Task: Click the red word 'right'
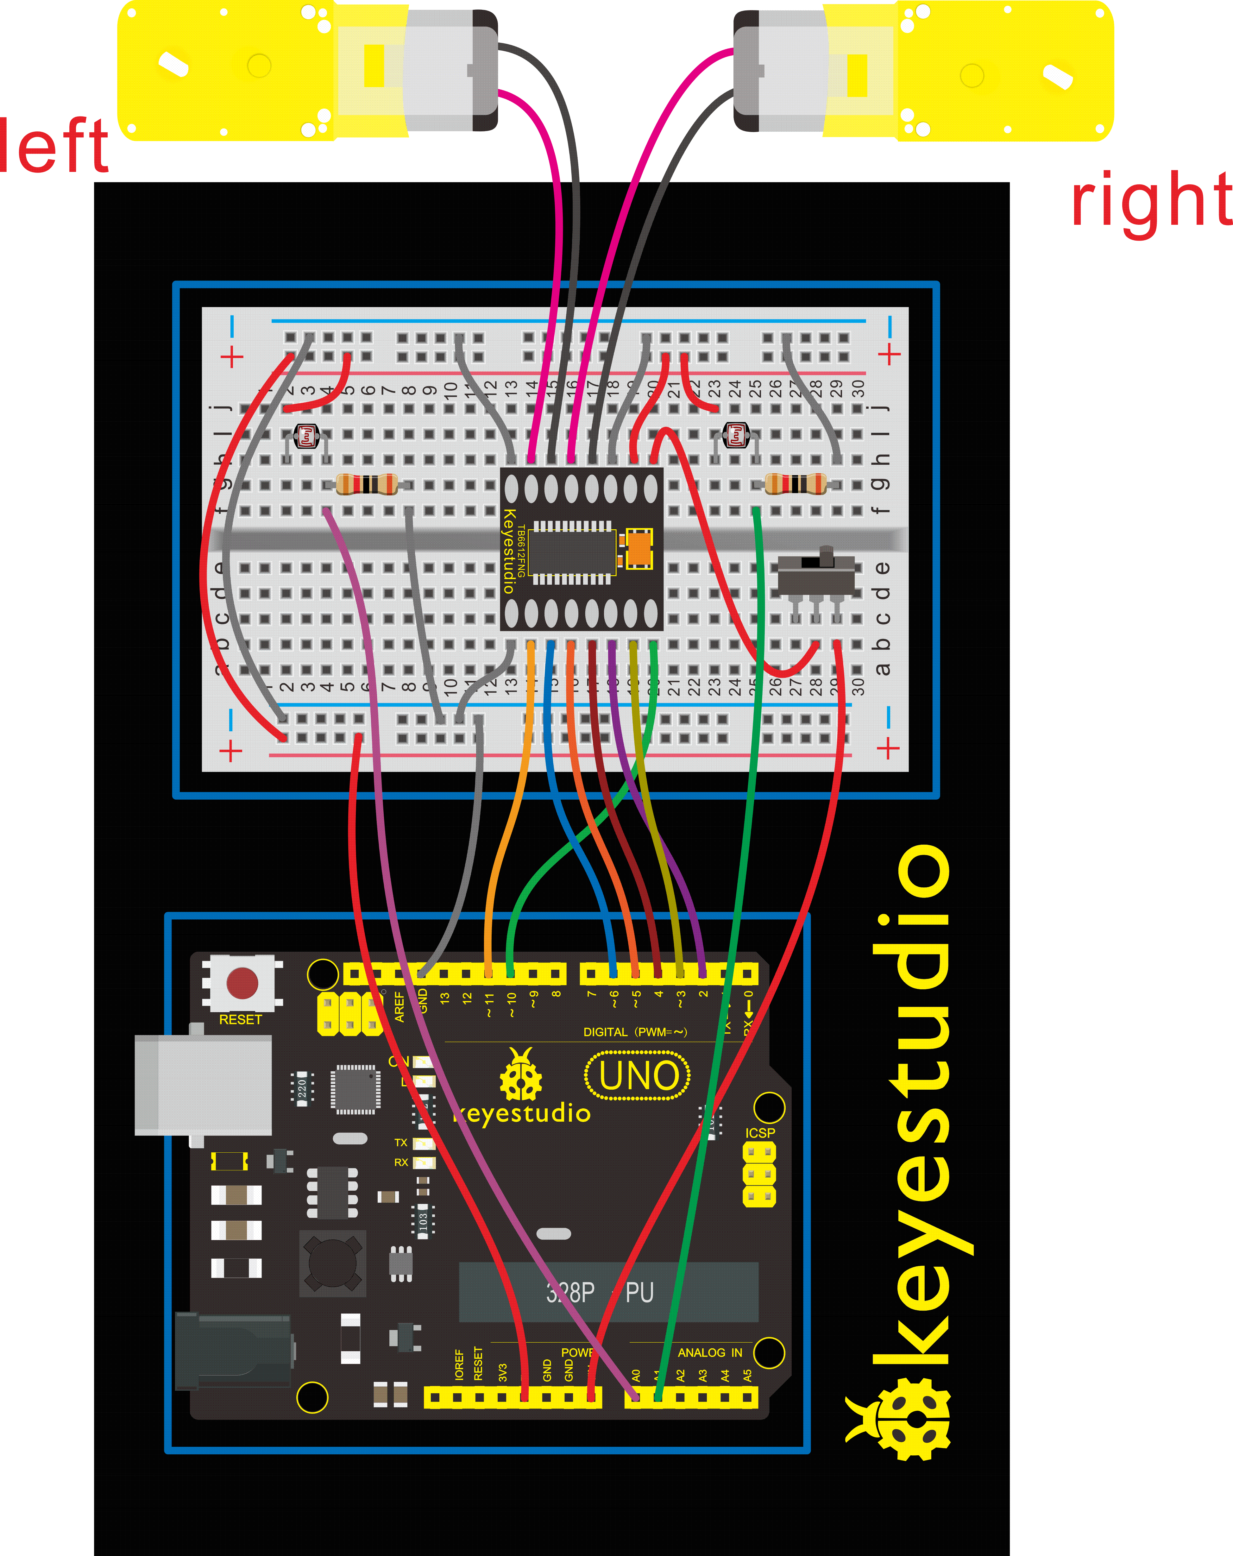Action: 1151,201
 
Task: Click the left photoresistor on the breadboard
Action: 307,436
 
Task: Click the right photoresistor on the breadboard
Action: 736,434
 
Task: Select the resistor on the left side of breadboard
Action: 367,483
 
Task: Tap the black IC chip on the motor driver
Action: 571,552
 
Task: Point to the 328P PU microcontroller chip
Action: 608,1292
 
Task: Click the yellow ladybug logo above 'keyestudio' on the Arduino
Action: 520,1074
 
